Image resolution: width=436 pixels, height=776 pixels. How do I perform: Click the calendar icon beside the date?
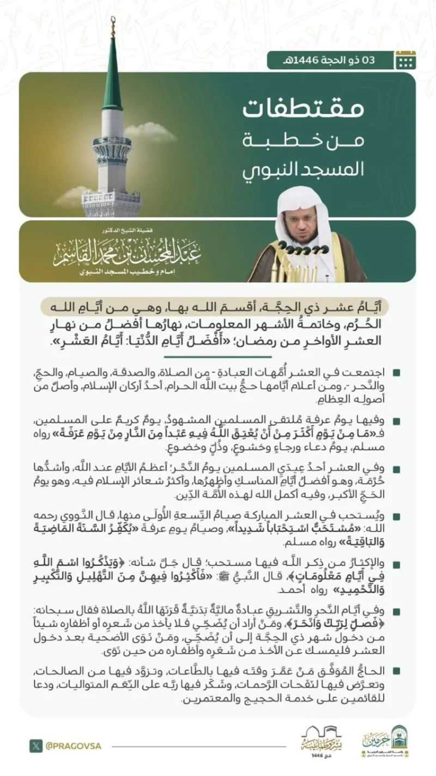(405, 59)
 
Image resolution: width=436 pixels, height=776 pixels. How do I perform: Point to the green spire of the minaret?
(112, 76)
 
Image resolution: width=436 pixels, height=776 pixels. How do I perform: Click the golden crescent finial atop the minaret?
(113, 25)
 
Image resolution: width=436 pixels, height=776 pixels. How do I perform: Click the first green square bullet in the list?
(395, 373)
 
